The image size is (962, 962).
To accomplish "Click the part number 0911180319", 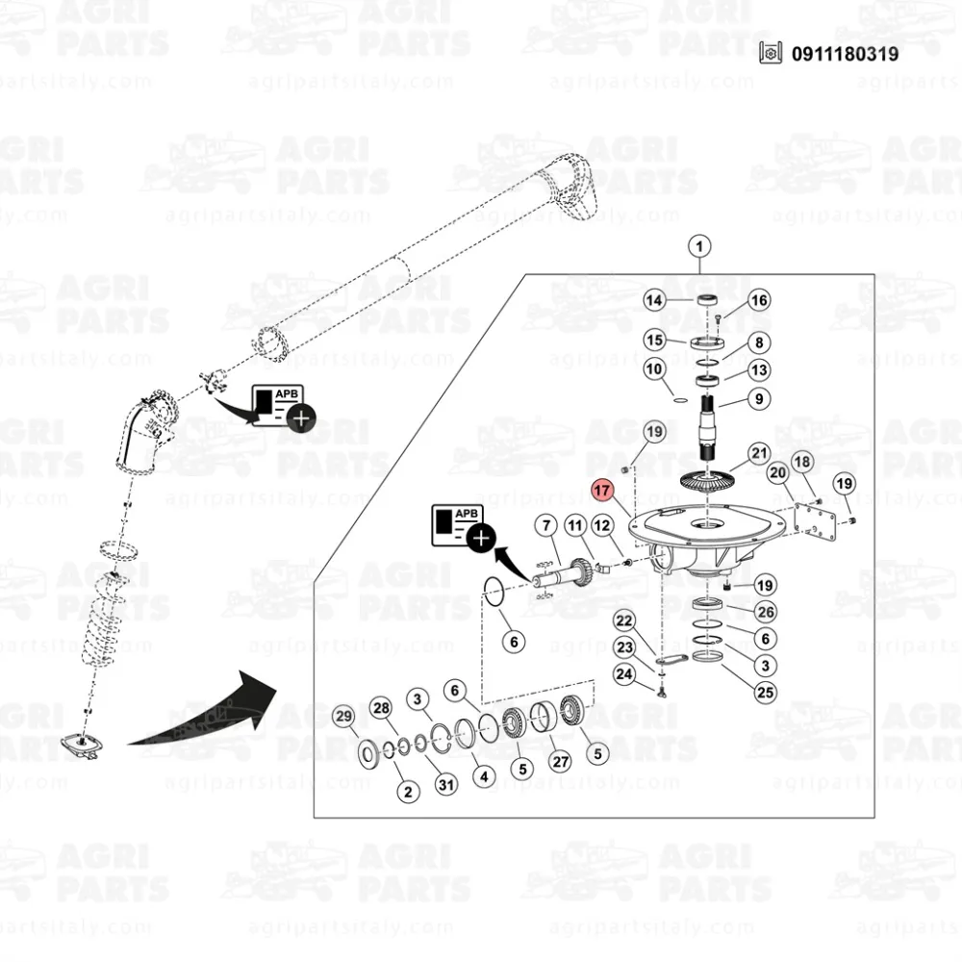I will coord(846,54).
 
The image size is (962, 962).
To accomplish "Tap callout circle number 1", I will coord(699,247).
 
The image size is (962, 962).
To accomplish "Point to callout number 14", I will coord(655,301).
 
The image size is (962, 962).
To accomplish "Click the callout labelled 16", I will coord(759,301).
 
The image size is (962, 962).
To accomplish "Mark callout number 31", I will coord(445,785).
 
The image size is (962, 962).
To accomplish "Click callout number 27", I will coord(559,760).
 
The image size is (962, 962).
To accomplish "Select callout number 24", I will coord(625,674).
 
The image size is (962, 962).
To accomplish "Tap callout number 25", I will coord(765,691).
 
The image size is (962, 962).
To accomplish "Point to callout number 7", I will coord(545,526).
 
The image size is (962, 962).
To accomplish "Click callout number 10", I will coord(655,369).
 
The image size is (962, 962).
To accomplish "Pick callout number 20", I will coord(778,473).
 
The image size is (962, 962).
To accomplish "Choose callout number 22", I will coord(625,621).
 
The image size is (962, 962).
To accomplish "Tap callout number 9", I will coord(759,398).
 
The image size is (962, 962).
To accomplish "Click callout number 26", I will coord(765,612).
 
